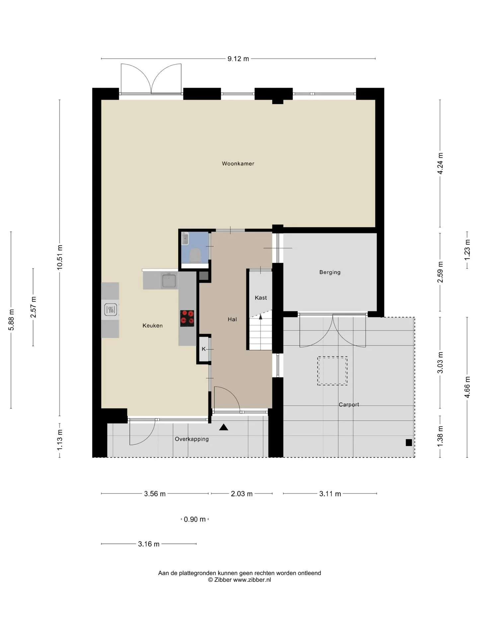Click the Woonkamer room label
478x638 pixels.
coord(238,163)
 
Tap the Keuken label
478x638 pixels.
coord(153,326)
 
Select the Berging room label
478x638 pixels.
coord(330,272)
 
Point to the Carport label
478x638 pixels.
coord(349,404)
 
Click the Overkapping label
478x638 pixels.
coord(192,439)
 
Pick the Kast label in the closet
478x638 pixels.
coord(261,298)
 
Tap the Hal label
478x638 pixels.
coord(232,319)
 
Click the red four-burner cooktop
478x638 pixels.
coord(187,318)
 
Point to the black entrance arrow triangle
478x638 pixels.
coord(224,427)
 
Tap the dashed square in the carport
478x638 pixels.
coord(332,371)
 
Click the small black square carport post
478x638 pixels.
coord(409,443)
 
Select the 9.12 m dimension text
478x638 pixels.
coord(238,59)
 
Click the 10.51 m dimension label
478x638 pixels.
coord(60,257)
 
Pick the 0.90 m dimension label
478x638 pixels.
coord(195,519)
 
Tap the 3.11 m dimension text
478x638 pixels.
coord(330,494)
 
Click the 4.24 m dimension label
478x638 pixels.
coord(440,163)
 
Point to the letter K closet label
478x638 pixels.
coord(204,349)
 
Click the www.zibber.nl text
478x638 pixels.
coord(252,580)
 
